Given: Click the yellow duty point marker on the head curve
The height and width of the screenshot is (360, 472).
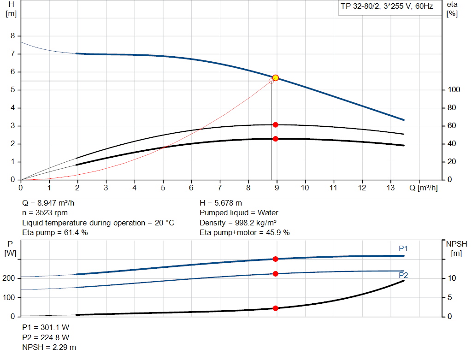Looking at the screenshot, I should click(276, 78).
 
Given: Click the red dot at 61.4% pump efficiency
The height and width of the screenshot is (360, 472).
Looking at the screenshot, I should click(276, 125).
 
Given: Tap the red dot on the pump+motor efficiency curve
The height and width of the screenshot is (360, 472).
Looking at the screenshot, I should click(276, 139).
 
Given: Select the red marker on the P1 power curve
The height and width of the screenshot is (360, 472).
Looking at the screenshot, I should click(276, 259).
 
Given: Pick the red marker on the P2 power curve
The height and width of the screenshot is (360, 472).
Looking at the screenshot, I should click(276, 274).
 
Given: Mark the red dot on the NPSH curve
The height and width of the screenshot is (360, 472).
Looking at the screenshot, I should click(276, 308).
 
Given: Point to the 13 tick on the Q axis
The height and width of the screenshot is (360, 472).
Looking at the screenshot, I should click(391, 188).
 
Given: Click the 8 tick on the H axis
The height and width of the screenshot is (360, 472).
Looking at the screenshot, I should click(13, 36).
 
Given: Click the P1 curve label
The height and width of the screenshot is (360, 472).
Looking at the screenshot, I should click(403, 249).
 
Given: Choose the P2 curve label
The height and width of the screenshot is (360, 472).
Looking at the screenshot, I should click(403, 276).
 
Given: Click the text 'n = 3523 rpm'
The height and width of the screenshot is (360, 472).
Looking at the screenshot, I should click(46, 213).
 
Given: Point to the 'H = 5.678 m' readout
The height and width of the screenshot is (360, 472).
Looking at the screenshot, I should click(221, 203).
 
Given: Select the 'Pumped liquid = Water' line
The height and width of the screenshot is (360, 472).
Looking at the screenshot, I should click(239, 213).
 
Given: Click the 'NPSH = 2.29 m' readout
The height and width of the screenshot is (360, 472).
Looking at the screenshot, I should click(49, 347).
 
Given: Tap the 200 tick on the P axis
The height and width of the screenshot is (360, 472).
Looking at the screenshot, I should click(11, 278).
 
